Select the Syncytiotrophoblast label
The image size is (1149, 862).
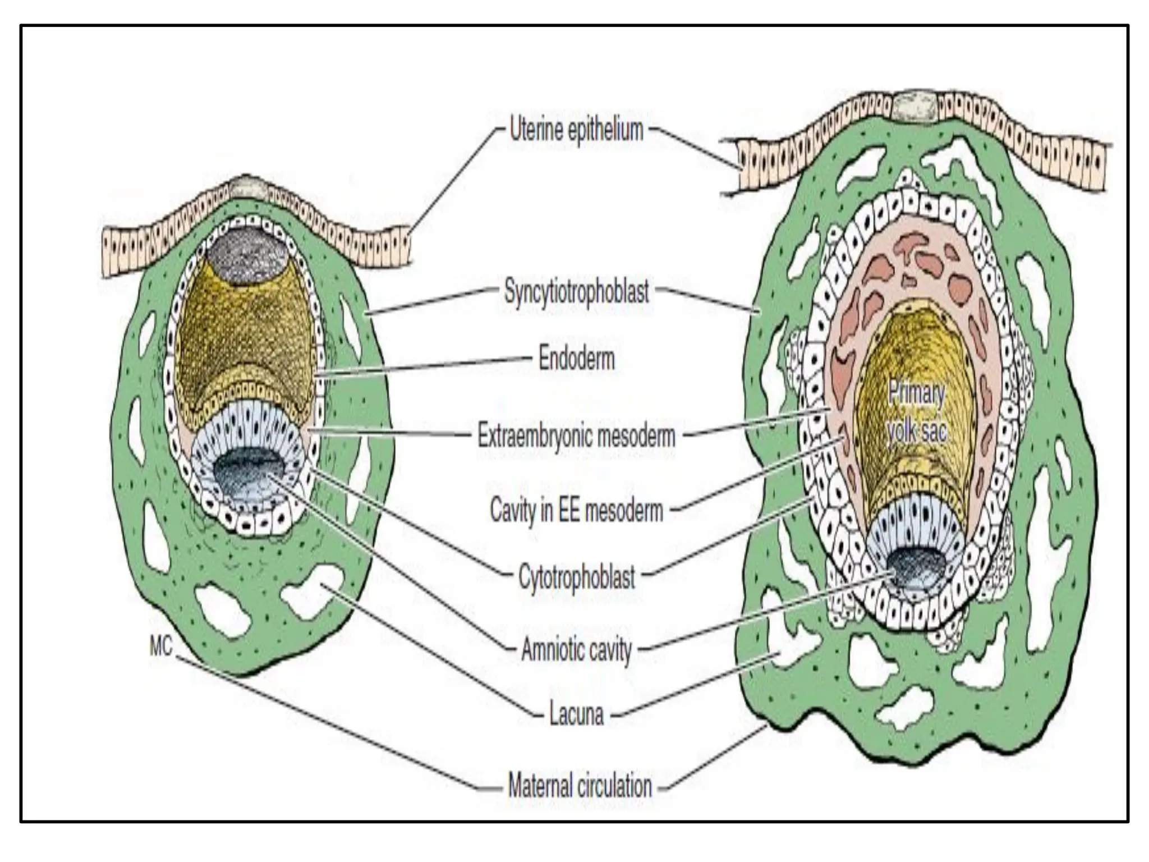pyautogui.click(x=576, y=292)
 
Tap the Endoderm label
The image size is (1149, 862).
pyautogui.click(x=576, y=359)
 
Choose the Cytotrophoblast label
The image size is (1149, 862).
pyautogui.click(x=576, y=576)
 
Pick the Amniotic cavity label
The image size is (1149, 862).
pyautogui.click(x=576, y=650)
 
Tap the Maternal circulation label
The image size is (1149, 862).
pyautogui.click(x=580, y=785)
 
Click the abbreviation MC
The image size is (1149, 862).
pyautogui.click(x=160, y=647)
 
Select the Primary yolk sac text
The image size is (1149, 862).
pyautogui.click(x=916, y=412)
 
